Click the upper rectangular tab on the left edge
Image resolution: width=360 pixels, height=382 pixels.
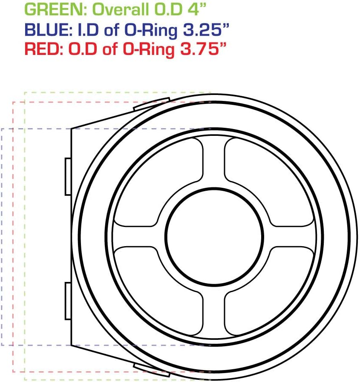point(68,176)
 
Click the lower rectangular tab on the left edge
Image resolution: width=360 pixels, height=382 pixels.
point(68,300)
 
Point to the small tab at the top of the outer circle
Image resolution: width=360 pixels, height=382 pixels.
point(152,103)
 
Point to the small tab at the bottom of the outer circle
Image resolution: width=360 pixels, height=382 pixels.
point(152,370)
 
